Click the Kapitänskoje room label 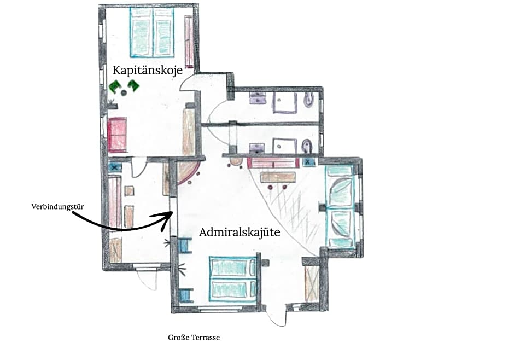click(x=148, y=70)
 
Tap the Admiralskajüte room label click(x=240, y=232)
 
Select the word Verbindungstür click(x=58, y=207)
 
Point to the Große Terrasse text click(x=194, y=338)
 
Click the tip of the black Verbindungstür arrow click(x=173, y=213)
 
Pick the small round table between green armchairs click(x=124, y=93)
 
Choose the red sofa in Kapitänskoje click(x=117, y=135)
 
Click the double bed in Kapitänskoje click(x=152, y=32)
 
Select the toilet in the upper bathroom click(x=308, y=100)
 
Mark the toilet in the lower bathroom click(x=307, y=146)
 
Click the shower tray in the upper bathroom click(x=285, y=102)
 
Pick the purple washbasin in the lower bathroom click(x=257, y=148)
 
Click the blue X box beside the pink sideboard click(x=308, y=161)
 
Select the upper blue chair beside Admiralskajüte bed click(x=185, y=245)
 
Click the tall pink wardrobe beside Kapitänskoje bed click(x=189, y=41)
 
